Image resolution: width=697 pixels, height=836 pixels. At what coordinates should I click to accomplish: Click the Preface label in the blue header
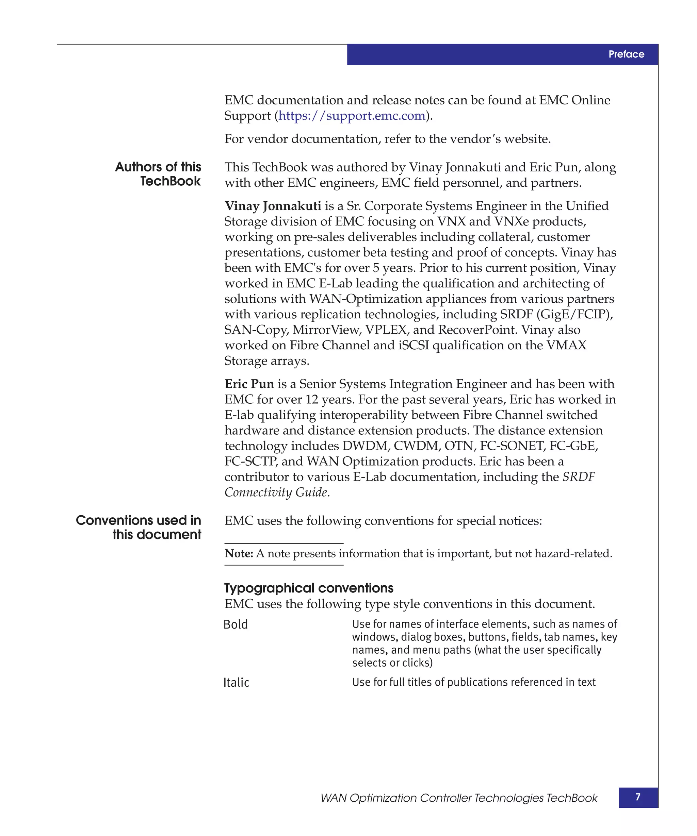click(x=626, y=54)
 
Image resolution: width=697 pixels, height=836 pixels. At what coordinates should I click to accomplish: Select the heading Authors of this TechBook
click(x=158, y=173)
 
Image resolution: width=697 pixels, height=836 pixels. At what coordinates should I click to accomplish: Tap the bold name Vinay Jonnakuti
click(x=273, y=206)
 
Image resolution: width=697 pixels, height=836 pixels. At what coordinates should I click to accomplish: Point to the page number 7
click(x=638, y=797)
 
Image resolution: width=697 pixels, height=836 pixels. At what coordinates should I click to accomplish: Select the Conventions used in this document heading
click(x=139, y=527)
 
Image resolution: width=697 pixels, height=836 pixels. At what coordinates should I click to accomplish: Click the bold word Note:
click(x=239, y=553)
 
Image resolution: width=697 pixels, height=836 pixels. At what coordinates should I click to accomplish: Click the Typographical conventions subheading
click(x=309, y=588)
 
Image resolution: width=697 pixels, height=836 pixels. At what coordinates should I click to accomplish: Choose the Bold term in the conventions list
click(x=236, y=624)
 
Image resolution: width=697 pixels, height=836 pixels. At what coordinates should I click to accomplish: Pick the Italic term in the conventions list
click(x=236, y=682)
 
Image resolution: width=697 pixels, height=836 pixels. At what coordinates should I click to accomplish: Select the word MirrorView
click(x=326, y=330)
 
